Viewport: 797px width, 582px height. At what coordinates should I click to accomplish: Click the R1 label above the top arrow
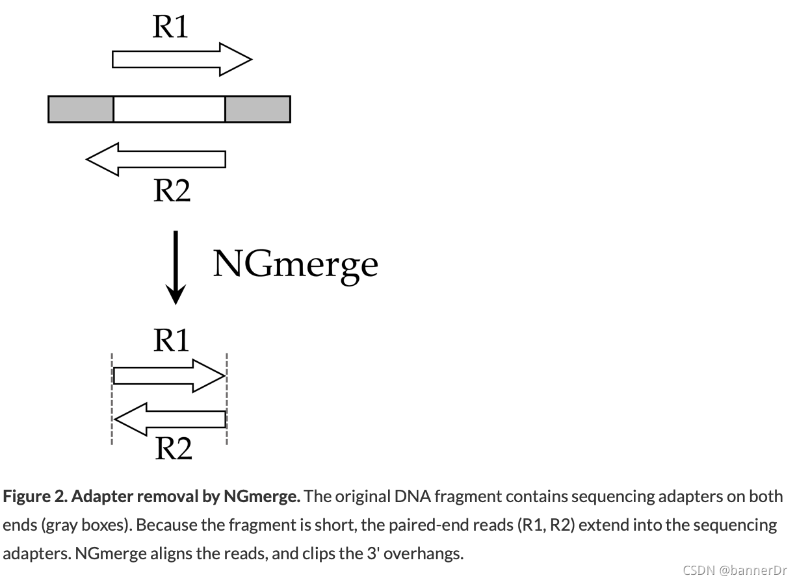(x=170, y=27)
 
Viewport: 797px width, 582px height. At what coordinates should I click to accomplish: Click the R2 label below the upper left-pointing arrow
(x=172, y=190)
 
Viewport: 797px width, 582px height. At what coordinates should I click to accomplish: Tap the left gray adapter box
(x=81, y=109)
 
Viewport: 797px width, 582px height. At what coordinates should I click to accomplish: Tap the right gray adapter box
(x=257, y=109)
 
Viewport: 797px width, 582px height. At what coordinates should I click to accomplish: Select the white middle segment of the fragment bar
(x=169, y=109)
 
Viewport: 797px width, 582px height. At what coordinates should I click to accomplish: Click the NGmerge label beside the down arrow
(x=295, y=264)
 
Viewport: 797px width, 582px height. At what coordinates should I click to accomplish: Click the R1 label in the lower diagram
(x=171, y=340)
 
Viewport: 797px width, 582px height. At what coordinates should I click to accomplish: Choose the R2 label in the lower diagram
(x=173, y=448)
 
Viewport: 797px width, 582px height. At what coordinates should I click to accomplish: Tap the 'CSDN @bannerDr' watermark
(x=735, y=570)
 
